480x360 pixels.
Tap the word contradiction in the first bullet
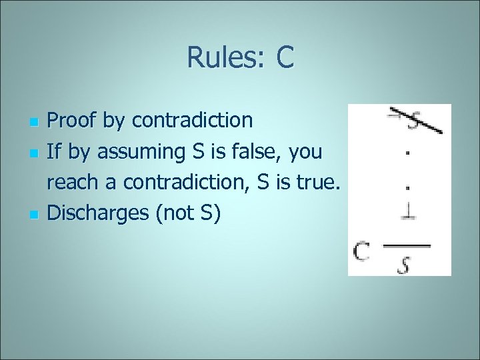[x=193, y=121]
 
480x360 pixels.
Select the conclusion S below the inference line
[x=405, y=263]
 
